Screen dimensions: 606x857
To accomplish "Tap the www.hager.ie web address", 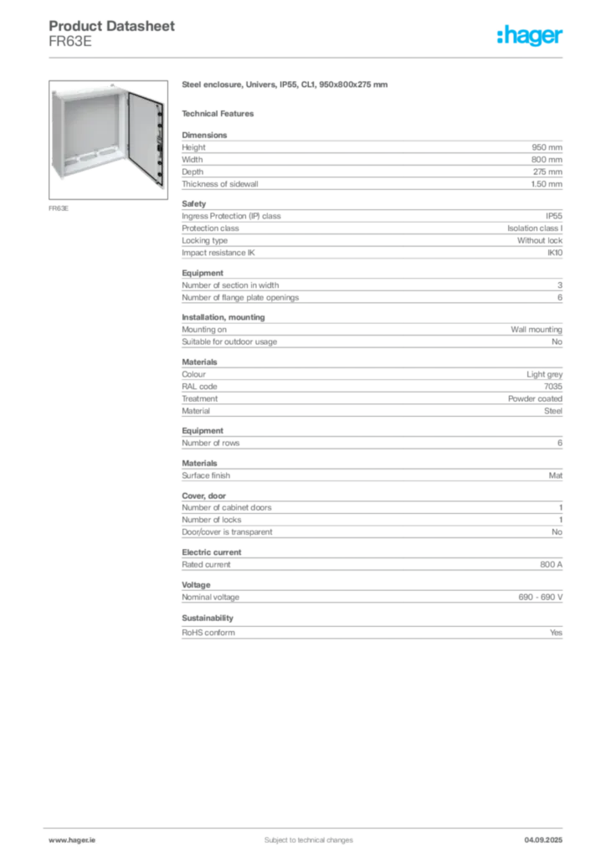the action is [x=69, y=839].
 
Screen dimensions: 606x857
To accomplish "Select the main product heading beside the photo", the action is [x=285, y=85].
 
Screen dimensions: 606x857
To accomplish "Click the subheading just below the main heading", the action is [x=221, y=112].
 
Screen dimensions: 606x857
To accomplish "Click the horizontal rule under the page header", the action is [x=308, y=56].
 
